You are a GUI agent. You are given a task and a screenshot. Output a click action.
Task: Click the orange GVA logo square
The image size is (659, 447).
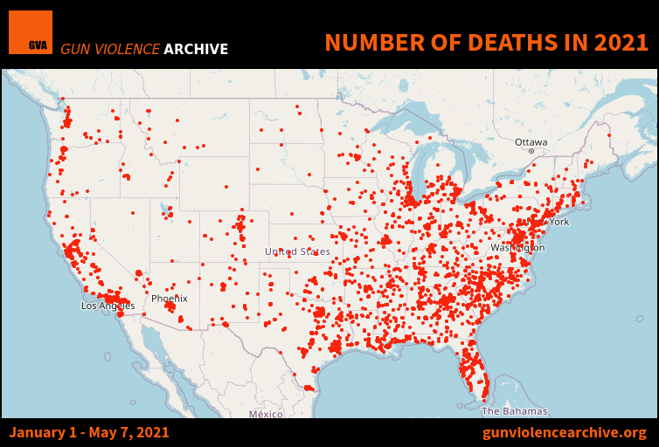tap(31, 32)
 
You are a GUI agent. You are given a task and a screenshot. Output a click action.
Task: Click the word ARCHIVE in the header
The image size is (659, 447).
tap(196, 49)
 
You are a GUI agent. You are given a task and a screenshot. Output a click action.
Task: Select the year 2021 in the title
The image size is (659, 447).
tap(618, 42)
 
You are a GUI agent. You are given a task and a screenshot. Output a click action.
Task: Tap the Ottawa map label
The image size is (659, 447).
tap(531, 141)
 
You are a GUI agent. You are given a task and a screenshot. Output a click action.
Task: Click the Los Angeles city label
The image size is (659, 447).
tap(108, 306)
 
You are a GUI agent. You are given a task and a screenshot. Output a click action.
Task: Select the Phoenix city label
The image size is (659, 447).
tap(169, 299)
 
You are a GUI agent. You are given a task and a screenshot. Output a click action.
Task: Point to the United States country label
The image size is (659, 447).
tap(297, 251)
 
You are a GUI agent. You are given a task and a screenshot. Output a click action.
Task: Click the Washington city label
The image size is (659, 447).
tap(517, 248)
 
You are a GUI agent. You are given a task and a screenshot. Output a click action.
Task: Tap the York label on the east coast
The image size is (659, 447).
tap(559, 222)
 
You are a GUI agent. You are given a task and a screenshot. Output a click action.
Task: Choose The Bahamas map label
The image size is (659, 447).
tap(515, 410)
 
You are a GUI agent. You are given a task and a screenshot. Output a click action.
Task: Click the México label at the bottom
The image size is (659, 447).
tap(266, 414)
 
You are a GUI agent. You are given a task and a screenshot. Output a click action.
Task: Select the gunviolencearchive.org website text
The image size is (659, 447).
tap(565, 432)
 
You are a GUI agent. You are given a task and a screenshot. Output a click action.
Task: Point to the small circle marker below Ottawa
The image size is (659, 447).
tap(531, 151)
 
